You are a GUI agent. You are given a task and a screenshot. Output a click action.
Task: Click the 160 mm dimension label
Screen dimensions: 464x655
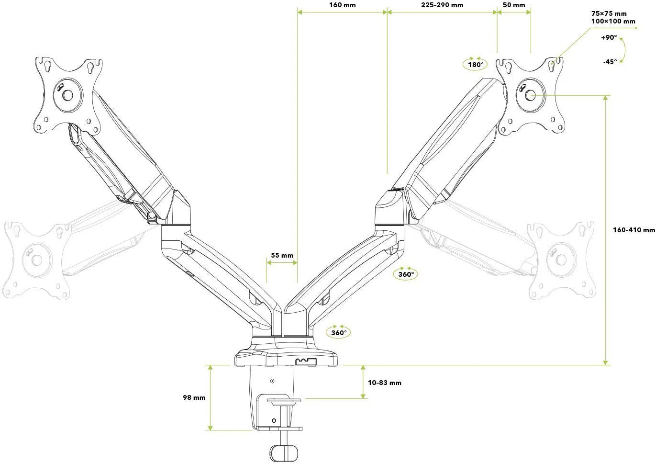tap(342, 5)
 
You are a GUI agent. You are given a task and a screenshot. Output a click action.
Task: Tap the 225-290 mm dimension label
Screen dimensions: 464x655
tap(442, 5)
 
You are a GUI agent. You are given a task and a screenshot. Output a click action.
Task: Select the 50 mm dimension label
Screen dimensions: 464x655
tap(514, 5)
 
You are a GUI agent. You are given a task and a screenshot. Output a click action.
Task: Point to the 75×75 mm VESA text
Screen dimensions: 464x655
tap(609, 13)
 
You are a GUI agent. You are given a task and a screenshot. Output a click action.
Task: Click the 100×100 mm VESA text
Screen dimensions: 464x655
tap(613, 21)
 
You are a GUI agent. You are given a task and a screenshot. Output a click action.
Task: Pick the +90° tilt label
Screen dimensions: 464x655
tap(609, 38)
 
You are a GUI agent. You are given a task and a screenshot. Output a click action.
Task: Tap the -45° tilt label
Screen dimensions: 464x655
tap(610, 61)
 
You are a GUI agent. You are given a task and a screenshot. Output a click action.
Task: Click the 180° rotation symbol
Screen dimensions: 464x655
tap(475, 64)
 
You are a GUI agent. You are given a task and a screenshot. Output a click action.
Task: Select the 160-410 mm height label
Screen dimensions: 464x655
tap(633, 230)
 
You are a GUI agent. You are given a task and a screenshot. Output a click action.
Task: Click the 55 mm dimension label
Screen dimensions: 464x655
tap(282, 255)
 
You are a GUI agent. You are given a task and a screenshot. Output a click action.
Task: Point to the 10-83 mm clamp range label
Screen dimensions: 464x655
tap(385, 383)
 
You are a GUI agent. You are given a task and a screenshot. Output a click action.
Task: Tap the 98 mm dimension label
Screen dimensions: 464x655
tap(194, 397)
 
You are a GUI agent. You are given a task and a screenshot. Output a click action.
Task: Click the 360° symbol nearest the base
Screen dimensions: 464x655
tap(338, 332)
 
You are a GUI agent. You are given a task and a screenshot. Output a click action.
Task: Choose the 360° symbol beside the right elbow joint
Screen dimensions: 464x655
tap(405, 274)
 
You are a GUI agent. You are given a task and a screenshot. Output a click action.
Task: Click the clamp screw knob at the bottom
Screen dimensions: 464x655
tap(283, 453)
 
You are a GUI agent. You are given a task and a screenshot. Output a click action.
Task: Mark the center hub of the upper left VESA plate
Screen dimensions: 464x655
tap(67, 95)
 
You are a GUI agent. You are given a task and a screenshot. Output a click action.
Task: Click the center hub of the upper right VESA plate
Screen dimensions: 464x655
tap(530, 95)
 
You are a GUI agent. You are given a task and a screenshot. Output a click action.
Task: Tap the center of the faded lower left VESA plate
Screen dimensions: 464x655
tap(37, 260)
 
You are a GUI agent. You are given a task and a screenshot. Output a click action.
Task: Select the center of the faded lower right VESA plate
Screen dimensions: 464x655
tap(560, 260)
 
